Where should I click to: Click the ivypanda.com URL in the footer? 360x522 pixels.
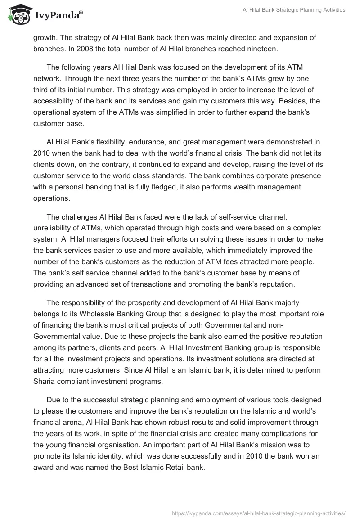[x=259, y=513]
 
